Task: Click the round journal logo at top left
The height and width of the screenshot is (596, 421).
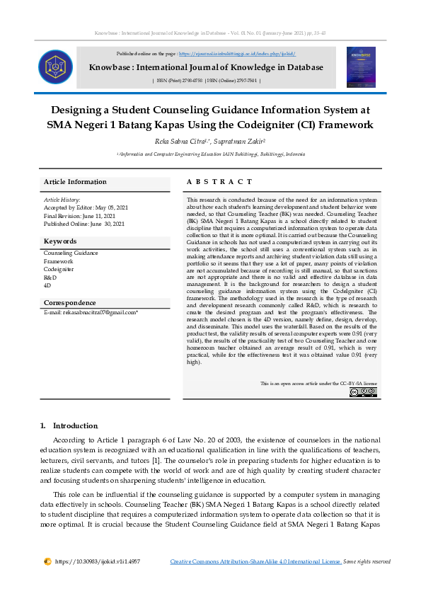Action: point(55,67)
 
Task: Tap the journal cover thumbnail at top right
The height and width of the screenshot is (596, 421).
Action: point(361,67)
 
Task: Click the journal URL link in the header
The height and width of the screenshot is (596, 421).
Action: point(237,54)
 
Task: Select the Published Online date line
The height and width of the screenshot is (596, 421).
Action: point(84,224)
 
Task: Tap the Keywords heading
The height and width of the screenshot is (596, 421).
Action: point(60,241)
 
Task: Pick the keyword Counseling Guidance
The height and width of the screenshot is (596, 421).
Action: point(71,253)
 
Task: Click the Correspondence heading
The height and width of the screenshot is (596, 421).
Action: point(70,303)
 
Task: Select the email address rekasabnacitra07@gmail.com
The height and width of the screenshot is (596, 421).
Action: point(98,311)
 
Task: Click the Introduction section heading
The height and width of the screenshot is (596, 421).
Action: point(75,425)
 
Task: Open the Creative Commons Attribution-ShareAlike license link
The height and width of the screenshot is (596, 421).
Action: point(255,561)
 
